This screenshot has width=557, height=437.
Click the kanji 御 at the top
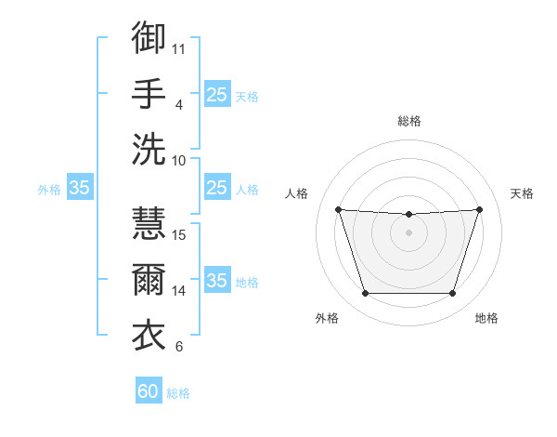[149, 37]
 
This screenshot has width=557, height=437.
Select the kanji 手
[149, 93]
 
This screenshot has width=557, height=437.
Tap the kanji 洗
[149, 149]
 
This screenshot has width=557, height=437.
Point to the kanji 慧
[149, 223]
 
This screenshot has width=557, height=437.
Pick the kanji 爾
[149, 279]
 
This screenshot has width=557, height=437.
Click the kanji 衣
[149, 335]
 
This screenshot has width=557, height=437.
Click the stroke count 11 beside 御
[178, 49]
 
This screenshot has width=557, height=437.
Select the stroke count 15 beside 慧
[178, 235]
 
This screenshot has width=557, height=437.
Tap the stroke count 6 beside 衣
[179, 346]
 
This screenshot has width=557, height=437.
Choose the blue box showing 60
[149, 390]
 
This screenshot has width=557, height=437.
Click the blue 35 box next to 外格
[80, 187]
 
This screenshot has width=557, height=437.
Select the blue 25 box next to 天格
[217, 94]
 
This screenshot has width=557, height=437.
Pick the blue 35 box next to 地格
[217, 279]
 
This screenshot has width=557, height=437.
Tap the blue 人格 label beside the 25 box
[247, 190]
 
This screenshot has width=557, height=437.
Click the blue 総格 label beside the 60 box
[178, 393]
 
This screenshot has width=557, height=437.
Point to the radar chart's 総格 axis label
[409, 121]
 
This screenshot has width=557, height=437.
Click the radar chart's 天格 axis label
[522, 193]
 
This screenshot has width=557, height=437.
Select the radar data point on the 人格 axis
[339, 209]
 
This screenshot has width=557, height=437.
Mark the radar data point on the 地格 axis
[453, 293]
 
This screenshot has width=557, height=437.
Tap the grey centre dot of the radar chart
[408, 232]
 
